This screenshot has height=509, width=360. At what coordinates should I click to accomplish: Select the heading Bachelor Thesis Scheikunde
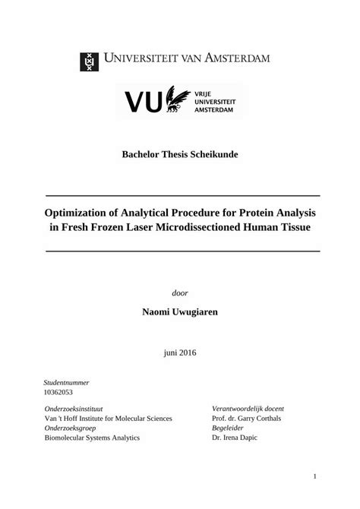click(180, 154)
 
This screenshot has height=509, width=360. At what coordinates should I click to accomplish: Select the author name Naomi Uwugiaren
click(180, 312)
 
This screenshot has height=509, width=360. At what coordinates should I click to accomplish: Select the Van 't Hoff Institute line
click(109, 419)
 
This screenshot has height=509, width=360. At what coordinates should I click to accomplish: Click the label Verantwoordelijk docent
click(248, 409)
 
